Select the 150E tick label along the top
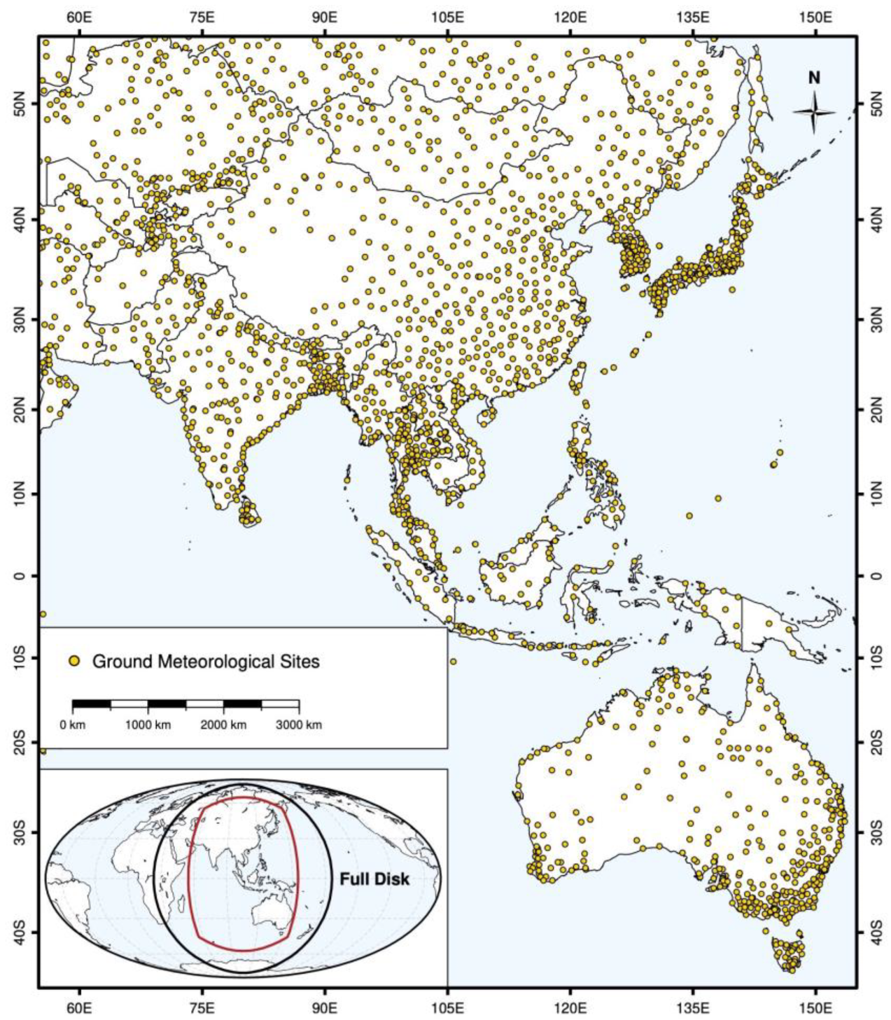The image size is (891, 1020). (x=815, y=16)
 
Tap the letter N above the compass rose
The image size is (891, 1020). (x=814, y=78)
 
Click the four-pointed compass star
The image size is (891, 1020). (x=814, y=113)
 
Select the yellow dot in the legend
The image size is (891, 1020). (x=75, y=661)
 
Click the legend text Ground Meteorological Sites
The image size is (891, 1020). (x=206, y=661)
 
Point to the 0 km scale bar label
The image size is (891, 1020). (x=72, y=725)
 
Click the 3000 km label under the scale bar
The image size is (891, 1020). (x=299, y=725)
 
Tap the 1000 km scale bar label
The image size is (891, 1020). (x=148, y=725)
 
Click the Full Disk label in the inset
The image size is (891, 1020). (x=374, y=879)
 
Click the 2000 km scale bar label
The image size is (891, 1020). (x=223, y=725)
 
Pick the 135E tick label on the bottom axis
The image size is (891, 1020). (x=693, y=1009)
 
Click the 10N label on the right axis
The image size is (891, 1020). (x=874, y=494)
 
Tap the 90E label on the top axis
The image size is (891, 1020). (x=325, y=16)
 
